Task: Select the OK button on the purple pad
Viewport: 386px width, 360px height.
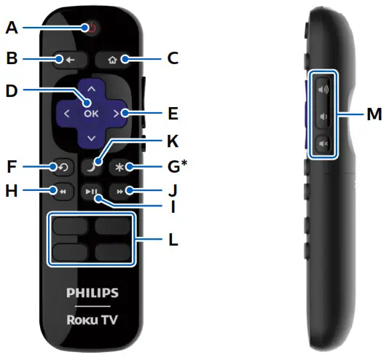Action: tap(91, 113)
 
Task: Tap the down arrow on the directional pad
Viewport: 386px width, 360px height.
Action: tap(91, 138)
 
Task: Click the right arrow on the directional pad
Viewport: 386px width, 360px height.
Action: tap(116, 113)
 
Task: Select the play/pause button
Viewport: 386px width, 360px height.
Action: tap(91, 192)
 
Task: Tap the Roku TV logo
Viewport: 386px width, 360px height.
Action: tap(91, 321)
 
